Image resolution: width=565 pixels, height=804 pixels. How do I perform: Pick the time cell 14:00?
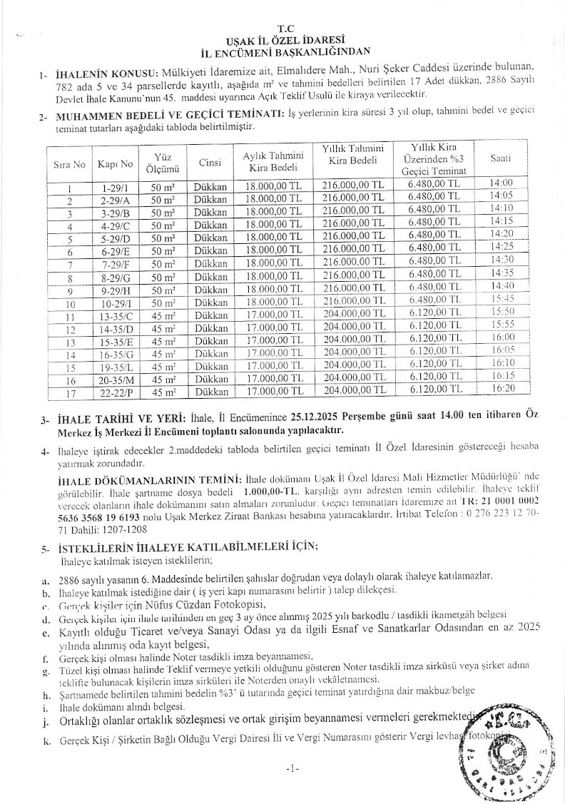[x=502, y=183]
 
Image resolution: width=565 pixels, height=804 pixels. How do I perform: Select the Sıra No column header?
[x=70, y=164]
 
